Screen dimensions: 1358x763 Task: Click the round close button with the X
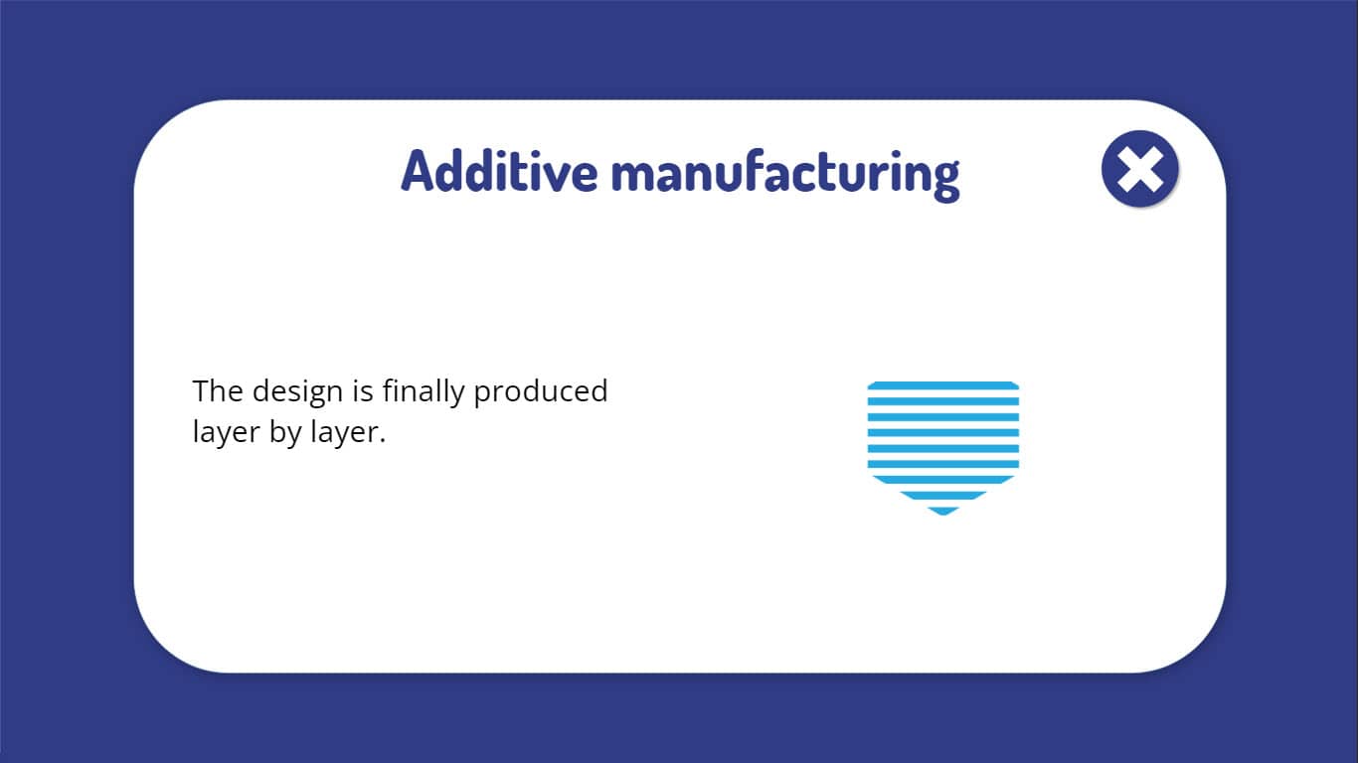(x=1139, y=169)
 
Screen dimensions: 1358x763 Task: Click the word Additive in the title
(x=499, y=172)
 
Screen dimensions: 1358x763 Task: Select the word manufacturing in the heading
(x=785, y=175)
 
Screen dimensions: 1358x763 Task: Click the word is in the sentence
(x=363, y=390)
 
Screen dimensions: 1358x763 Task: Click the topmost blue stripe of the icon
(x=942, y=385)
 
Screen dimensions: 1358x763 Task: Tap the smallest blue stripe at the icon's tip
(x=942, y=511)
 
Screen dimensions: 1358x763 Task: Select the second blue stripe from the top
(x=942, y=401)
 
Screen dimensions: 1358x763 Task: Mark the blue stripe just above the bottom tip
(x=942, y=496)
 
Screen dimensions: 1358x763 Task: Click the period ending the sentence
(x=382, y=440)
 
